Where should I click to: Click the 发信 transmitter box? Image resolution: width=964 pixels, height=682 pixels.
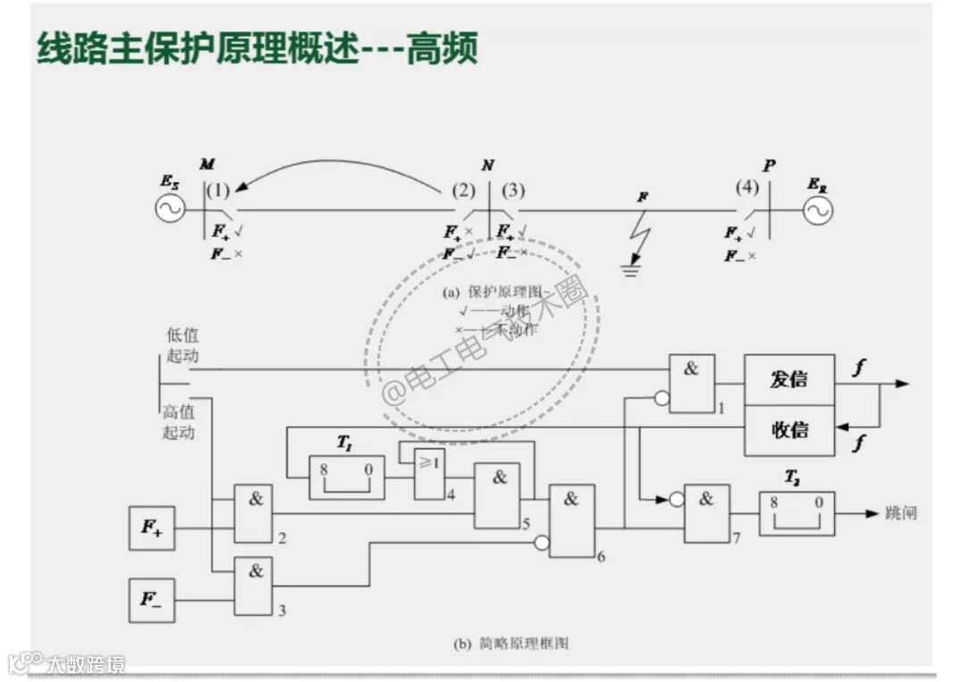789,378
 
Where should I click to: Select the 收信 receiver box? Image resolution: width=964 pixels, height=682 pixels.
789,429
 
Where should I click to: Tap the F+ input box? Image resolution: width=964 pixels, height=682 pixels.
152,528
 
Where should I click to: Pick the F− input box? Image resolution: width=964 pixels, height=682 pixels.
152,600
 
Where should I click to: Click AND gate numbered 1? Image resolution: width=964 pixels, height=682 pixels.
692,383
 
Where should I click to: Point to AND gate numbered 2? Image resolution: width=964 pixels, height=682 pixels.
253,513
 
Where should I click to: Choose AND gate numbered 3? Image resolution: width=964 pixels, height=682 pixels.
253,586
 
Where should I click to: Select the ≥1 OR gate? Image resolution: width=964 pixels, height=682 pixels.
429,473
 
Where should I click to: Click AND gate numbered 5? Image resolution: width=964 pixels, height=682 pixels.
497,495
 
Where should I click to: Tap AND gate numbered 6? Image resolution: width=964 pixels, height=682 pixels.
571,520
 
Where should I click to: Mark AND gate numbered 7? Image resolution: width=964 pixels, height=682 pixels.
706,513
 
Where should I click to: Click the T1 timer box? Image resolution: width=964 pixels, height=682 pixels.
346,478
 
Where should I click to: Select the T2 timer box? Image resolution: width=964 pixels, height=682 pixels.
797,513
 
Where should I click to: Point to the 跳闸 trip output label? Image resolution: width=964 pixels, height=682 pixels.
901,513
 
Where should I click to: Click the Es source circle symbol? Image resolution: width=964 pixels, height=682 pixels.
170,210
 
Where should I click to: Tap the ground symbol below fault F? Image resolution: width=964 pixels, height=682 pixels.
632,269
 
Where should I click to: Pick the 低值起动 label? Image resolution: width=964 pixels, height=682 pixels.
181,345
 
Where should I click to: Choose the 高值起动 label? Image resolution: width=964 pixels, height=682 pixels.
178,422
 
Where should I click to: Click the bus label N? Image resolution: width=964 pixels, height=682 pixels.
487,166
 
